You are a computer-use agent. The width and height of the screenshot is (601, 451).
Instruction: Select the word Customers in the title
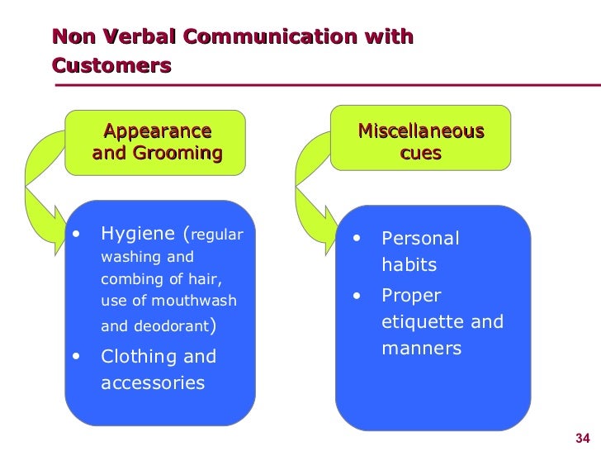(111, 64)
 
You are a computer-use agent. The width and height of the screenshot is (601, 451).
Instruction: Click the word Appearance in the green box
(157, 131)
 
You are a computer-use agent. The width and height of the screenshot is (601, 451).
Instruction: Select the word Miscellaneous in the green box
(420, 132)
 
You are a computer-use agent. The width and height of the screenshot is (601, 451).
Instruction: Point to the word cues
(420, 154)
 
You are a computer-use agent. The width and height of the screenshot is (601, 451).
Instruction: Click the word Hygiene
(138, 234)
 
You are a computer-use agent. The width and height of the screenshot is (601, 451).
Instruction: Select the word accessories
(153, 383)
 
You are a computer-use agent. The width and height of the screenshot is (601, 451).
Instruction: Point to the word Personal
(419, 240)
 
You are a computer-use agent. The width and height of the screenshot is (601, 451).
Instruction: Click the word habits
(409, 266)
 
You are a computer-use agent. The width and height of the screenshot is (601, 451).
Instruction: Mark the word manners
(421, 349)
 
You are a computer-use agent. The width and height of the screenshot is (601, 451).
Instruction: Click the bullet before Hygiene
(76, 234)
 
